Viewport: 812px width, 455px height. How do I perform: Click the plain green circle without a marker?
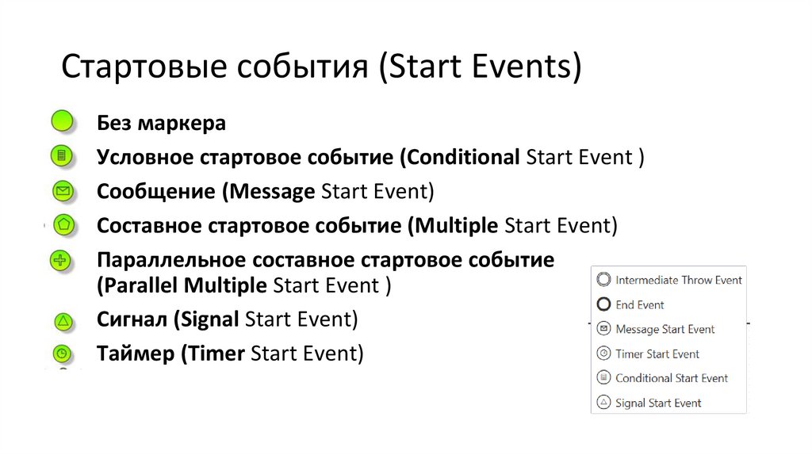tap(62, 122)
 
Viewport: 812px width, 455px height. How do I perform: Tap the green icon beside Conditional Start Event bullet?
tap(62, 155)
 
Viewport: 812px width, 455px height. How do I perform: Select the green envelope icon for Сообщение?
tap(63, 191)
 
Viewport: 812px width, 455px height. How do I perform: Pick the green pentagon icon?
tap(63, 224)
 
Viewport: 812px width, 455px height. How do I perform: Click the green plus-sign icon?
tap(62, 260)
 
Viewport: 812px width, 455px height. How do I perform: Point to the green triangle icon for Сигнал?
tap(63, 321)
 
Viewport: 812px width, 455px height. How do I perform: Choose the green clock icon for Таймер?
tap(63, 354)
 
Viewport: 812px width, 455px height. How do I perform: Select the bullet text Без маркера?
tap(161, 124)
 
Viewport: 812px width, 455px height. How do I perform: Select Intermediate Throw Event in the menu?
tap(678, 280)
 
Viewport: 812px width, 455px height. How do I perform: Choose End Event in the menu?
tap(639, 304)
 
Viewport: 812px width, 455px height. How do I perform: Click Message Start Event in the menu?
tap(665, 329)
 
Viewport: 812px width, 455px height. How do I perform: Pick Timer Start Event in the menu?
tap(657, 354)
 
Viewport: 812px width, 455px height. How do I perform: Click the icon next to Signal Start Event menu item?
tap(603, 403)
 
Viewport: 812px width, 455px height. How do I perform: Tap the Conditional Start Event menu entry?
tap(671, 378)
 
